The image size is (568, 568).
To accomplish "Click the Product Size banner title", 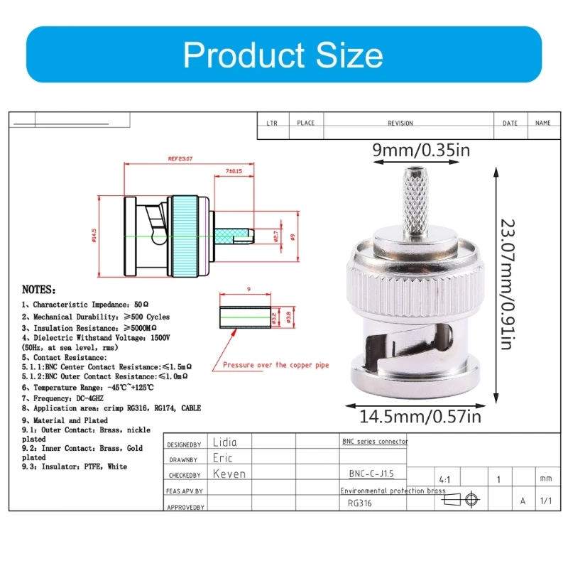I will point(283,55).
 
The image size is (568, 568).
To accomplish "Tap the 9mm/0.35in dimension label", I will point(421,150).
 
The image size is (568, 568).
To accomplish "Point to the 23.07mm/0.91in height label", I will point(506,283).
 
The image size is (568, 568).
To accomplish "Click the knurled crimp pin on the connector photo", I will point(414,199).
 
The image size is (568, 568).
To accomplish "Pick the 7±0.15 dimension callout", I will point(234,171).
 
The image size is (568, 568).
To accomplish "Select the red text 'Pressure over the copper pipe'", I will point(275,365).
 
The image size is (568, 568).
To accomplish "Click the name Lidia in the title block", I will point(225,442).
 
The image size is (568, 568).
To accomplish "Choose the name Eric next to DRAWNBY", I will point(222,458).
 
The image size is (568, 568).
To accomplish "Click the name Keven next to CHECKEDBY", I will point(229,474).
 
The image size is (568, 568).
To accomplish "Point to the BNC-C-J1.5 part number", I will point(368,473).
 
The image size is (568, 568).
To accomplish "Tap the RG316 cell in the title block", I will point(360,503).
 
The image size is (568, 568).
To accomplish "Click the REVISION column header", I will point(400,124).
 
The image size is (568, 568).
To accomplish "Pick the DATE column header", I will point(510,124).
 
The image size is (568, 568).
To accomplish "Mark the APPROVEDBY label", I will point(186,507).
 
